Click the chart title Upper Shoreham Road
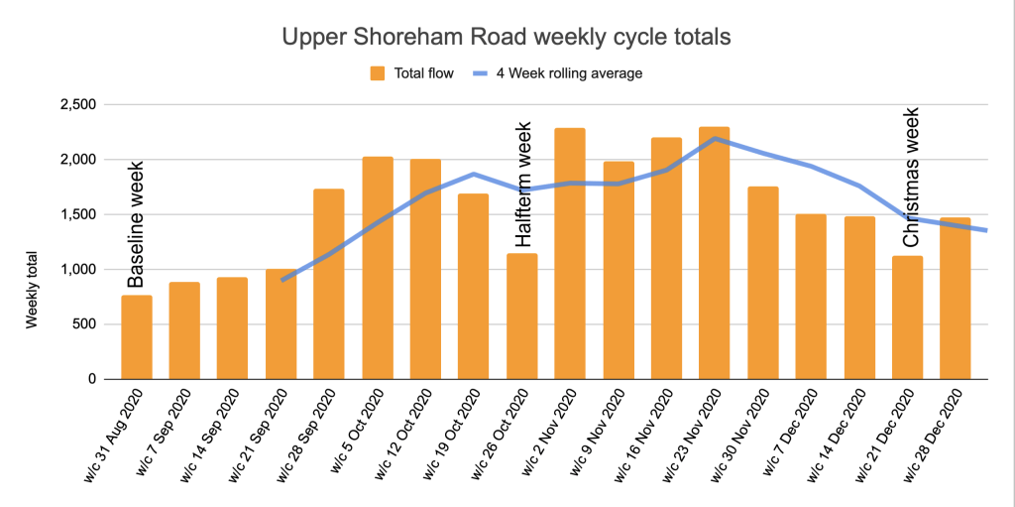[507, 38]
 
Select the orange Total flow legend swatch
[378, 72]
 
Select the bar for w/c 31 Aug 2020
[137, 337]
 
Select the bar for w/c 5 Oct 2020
[378, 268]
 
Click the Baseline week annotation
[137, 225]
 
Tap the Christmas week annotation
[910, 178]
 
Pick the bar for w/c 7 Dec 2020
[811, 298]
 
